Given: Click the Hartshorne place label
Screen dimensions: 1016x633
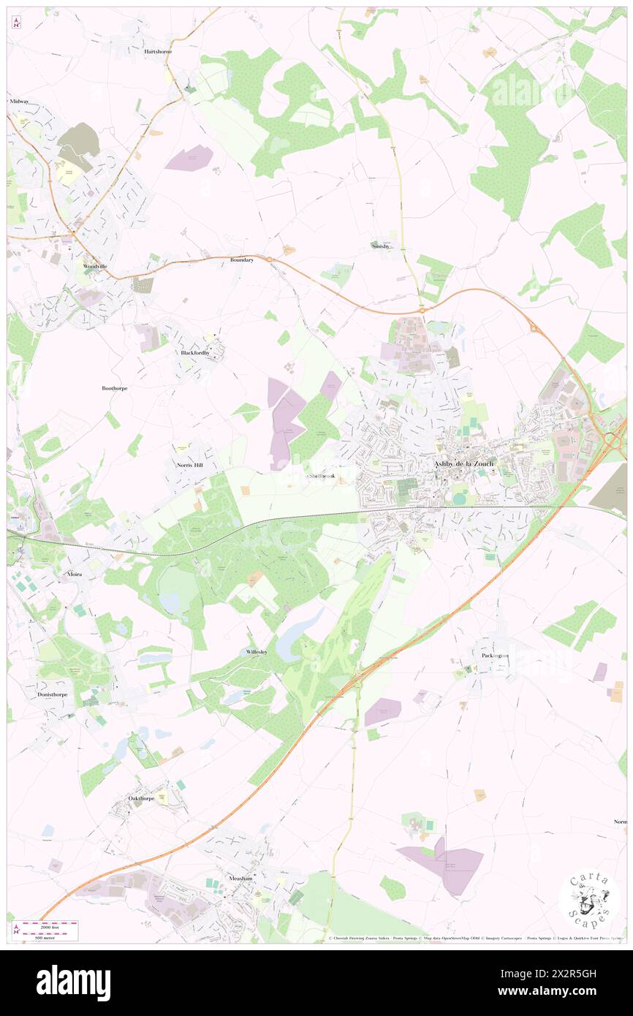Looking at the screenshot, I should pos(158,53).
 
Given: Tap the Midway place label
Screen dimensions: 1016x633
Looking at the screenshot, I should pos(18,101).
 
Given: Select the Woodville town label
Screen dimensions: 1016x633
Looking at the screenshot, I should pos(95,266).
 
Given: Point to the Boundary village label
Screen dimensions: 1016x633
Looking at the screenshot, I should pos(241,259).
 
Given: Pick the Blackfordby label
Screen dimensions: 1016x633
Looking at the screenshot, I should pos(195,352).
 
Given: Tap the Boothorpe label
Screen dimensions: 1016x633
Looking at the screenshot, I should pos(114,388).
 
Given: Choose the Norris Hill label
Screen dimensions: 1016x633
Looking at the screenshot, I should pos(189,464).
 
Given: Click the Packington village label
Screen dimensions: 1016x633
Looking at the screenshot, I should pos(495,656).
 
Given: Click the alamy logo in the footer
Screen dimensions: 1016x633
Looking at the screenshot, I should pos(73,982).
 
